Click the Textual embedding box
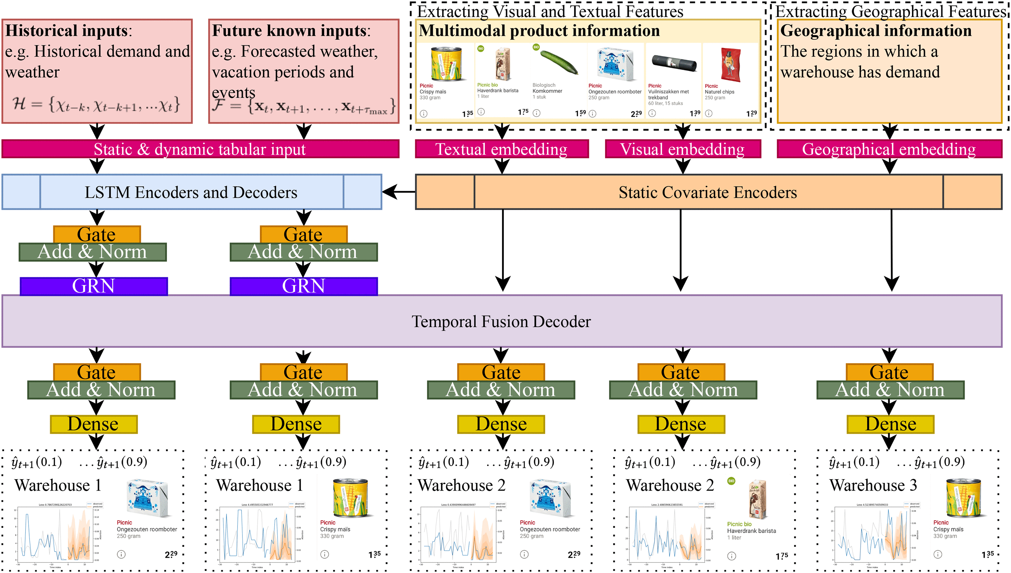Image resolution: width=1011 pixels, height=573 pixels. tap(501, 149)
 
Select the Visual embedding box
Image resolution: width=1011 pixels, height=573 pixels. tap(682, 149)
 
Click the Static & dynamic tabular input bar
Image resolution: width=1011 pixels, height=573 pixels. tap(200, 149)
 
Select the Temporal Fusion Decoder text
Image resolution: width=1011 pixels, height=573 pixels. tap(501, 322)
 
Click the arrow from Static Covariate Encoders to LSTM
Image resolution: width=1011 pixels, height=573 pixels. tap(398, 192)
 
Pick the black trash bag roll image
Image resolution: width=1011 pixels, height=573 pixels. tap(674, 63)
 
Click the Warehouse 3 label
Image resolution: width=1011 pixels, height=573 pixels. tap(873, 485)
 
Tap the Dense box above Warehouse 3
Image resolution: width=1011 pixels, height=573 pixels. tap(890, 424)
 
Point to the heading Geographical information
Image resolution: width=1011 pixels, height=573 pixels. tap(876, 31)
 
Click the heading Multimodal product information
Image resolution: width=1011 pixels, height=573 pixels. tap(539, 31)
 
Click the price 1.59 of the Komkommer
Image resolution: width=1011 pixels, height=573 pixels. tap(580, 113)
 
